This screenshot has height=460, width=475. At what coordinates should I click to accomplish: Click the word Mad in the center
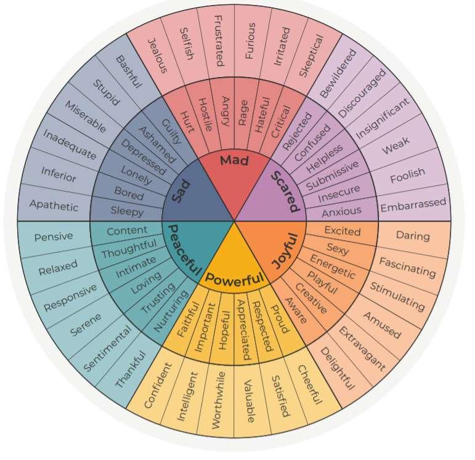click(x=234, y=161)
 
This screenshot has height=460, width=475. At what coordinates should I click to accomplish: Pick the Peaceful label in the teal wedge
click(x=184, y=250)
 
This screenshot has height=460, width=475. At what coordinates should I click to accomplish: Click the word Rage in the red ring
click(x=243, y=111)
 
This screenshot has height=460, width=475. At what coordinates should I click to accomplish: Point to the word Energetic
click(x=332, y=267)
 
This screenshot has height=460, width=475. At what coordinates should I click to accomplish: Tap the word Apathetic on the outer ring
click(x=54, y=204)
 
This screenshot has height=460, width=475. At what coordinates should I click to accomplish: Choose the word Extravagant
click(x=362, y=350)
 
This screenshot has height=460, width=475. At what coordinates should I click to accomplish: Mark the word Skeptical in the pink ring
click(x=311, y=56)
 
